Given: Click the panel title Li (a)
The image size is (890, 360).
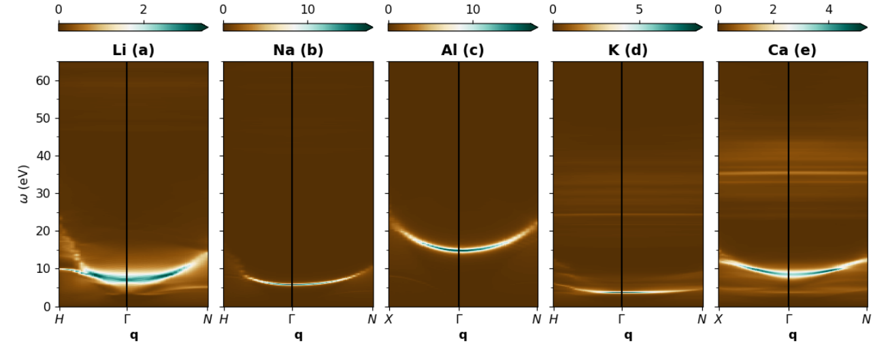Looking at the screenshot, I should [x=133, y=50].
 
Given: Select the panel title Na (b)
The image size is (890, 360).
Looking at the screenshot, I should [x=298, y=50].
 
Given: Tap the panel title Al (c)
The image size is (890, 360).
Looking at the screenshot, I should [x=463, y=50].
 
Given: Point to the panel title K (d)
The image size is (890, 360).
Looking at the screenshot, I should [x=627, y=50].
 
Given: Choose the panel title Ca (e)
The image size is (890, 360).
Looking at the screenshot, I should [x=792, y=50].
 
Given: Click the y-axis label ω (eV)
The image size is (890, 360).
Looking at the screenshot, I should [x=25, y=184].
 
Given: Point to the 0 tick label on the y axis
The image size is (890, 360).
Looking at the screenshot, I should [x=48, y=306].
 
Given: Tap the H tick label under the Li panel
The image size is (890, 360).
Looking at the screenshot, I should [x=60, y=318].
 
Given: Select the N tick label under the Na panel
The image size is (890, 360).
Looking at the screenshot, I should [x=372, y=318].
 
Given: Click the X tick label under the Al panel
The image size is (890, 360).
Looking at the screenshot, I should [x=389, y=318].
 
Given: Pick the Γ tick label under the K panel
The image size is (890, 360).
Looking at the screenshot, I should [x=622, y=318].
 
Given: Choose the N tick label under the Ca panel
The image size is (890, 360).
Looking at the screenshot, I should [x=867, y=318].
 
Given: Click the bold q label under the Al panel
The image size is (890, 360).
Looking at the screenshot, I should [x=463, y=335].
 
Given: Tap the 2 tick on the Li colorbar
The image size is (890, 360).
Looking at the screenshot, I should [x=143, y=11].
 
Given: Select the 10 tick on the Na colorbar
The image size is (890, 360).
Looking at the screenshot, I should [x=308, y=11].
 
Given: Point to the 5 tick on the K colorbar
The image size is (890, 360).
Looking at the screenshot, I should [x=639, y=11].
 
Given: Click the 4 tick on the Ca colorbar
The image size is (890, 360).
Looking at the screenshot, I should [x=829, y=11].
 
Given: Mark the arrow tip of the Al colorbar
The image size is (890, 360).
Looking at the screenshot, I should [x=537, y=27].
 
